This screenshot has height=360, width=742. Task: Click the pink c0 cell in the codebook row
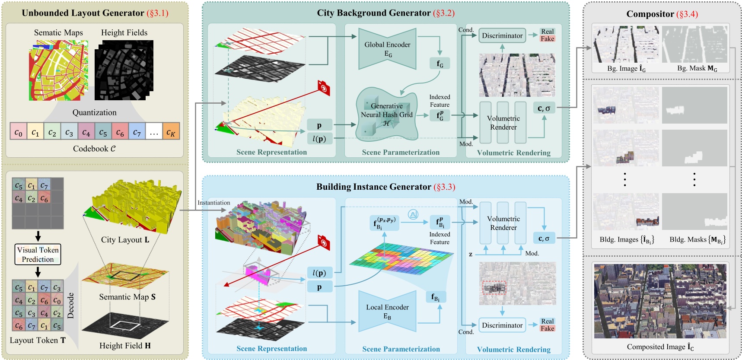(x=18, y=131)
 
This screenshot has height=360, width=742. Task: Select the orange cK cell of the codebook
(x=171, y=131)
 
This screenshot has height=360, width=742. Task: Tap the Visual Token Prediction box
(x=38, y=255)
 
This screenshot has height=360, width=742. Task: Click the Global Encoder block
(x=387, y=49)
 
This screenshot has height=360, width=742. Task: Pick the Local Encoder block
(x=387, y=312)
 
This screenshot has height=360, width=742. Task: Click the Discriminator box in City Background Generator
(x=502, y=35)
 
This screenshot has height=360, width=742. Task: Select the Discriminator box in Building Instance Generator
(x=502, y=325)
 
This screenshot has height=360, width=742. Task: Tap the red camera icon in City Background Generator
(x=323, y=87)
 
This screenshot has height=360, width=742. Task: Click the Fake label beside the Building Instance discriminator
(x=547, y=328)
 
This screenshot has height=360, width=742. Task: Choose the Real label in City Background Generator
(x=547, y=32)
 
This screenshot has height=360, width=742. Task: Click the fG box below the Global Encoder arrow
(x=440, y=64)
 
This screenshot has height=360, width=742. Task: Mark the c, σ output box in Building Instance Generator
(x=544, y=238)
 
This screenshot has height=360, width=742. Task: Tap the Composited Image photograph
(x=660, y=301)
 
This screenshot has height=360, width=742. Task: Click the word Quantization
(x=94, y=112)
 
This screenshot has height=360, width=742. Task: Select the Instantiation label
(x=213, y=203)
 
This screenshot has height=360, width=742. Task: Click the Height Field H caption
(x=125, y=346)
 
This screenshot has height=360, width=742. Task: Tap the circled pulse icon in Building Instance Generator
(x=414, y=214)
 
